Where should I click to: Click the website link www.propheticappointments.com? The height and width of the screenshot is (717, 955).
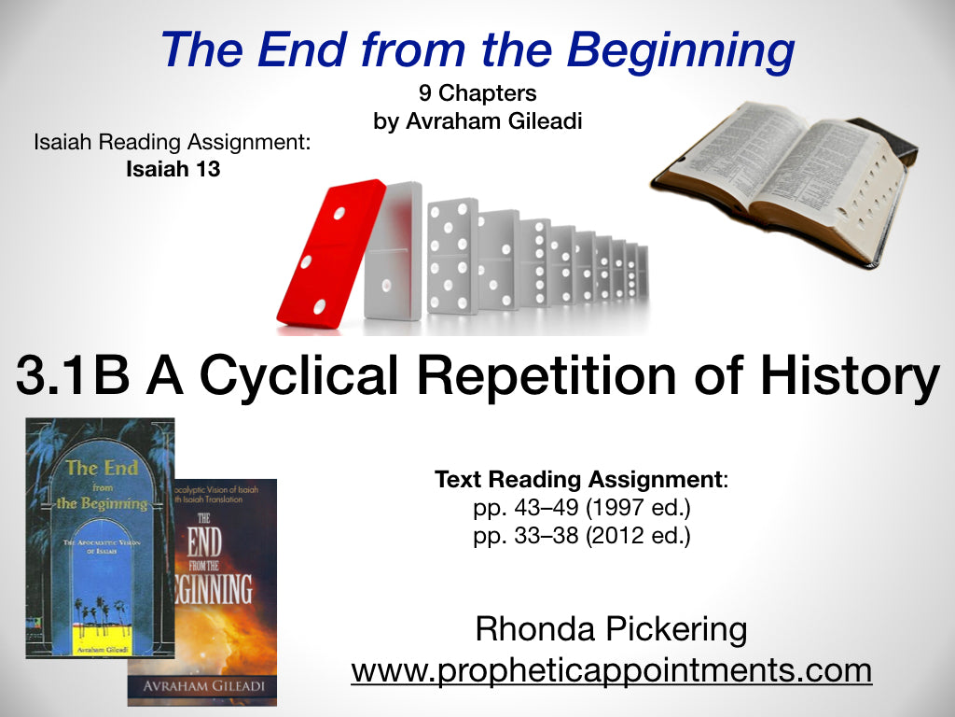[611, 669]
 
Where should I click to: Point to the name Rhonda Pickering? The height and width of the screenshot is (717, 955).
[611, 629]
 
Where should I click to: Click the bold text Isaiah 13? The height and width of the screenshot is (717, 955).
[173, 170]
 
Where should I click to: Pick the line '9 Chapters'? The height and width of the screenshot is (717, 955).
[477, 94]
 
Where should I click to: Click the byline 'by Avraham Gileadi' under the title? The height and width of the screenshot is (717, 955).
[477, 121]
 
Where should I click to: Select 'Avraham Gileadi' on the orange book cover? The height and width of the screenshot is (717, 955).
[203, 687]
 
